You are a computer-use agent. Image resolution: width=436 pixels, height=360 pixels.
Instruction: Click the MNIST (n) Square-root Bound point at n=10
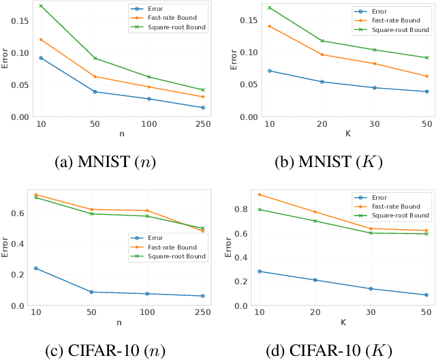coord(41,6)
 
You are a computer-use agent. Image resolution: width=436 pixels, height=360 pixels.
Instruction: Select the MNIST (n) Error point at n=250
coord(202,108)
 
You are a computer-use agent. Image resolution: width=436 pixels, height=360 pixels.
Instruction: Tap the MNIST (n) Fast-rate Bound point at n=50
coord(95,76)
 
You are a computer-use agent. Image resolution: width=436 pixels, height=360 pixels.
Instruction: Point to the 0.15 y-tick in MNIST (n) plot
coord(25,20)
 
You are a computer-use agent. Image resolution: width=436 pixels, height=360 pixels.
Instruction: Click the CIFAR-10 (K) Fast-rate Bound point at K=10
coord(259,194)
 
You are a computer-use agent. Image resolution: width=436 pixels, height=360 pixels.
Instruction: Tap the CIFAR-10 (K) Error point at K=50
coord(426,295)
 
